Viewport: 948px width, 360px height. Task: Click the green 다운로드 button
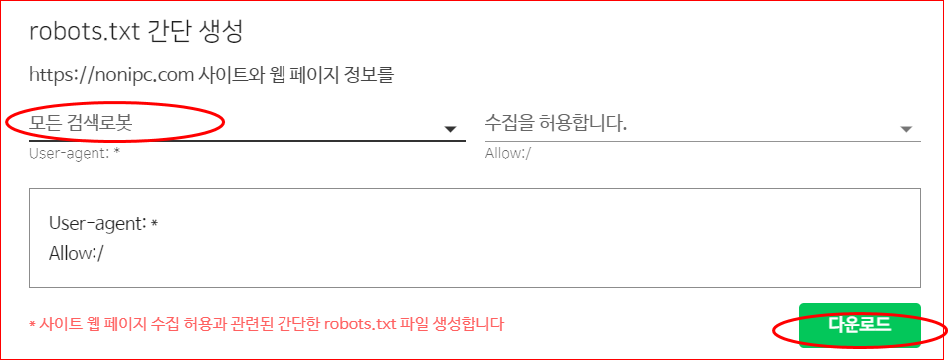859,325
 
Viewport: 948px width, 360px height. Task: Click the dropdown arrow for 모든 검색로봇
450,129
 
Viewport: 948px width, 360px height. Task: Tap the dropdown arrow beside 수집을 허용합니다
906,129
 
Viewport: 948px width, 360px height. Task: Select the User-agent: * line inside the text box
103,224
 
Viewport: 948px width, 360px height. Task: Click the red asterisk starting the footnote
32,325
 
